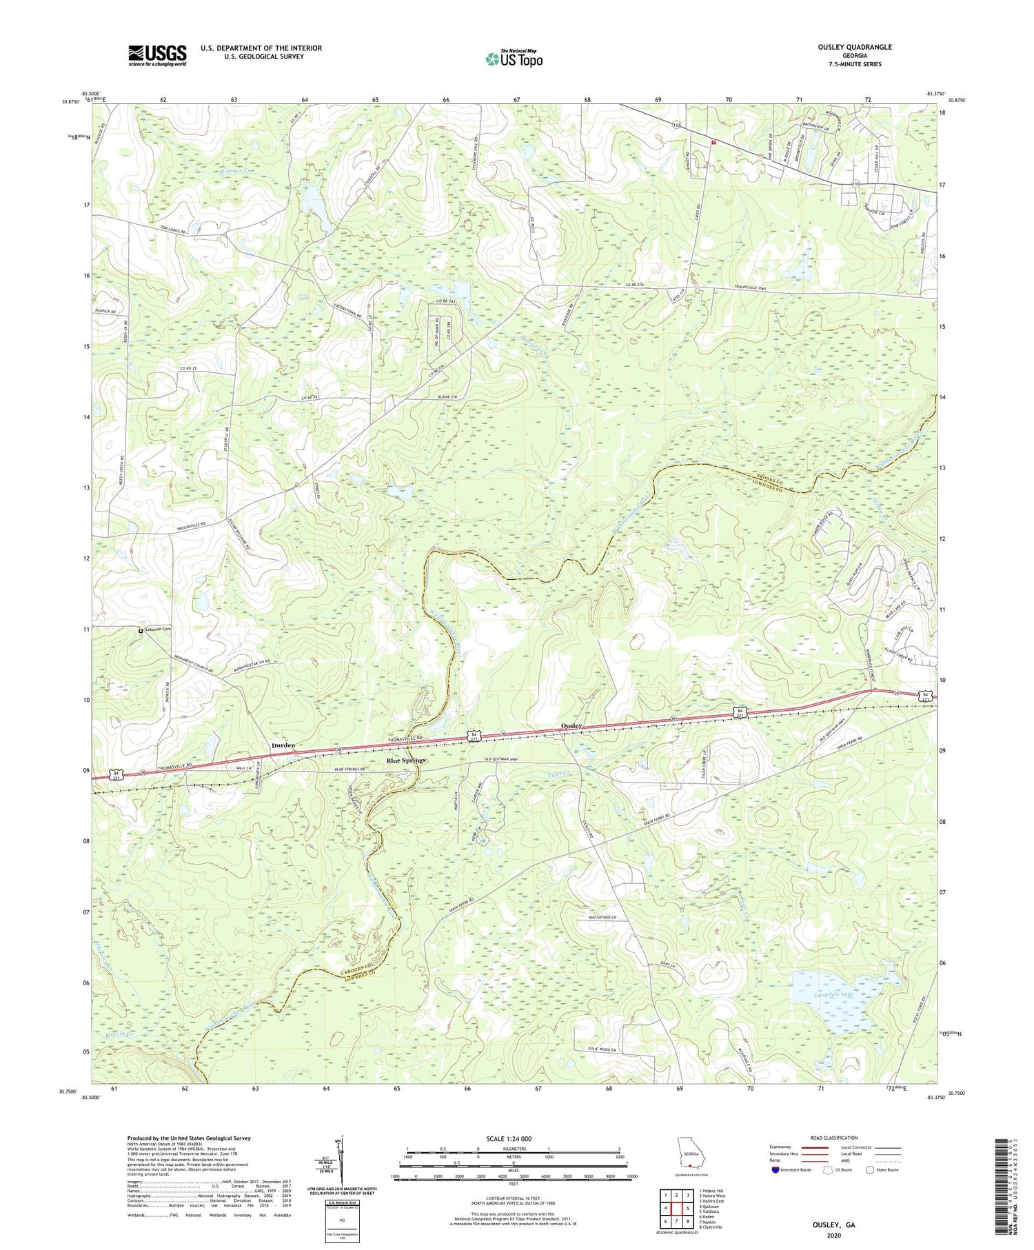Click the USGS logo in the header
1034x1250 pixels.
click(x=157, y=55)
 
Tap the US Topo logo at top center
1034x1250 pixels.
click(x=514, y=59)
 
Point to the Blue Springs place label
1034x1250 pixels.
click(x=406, y=760)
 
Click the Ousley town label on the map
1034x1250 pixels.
click(x=572, y=726)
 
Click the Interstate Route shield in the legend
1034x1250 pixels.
click(x=776, y=1170)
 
